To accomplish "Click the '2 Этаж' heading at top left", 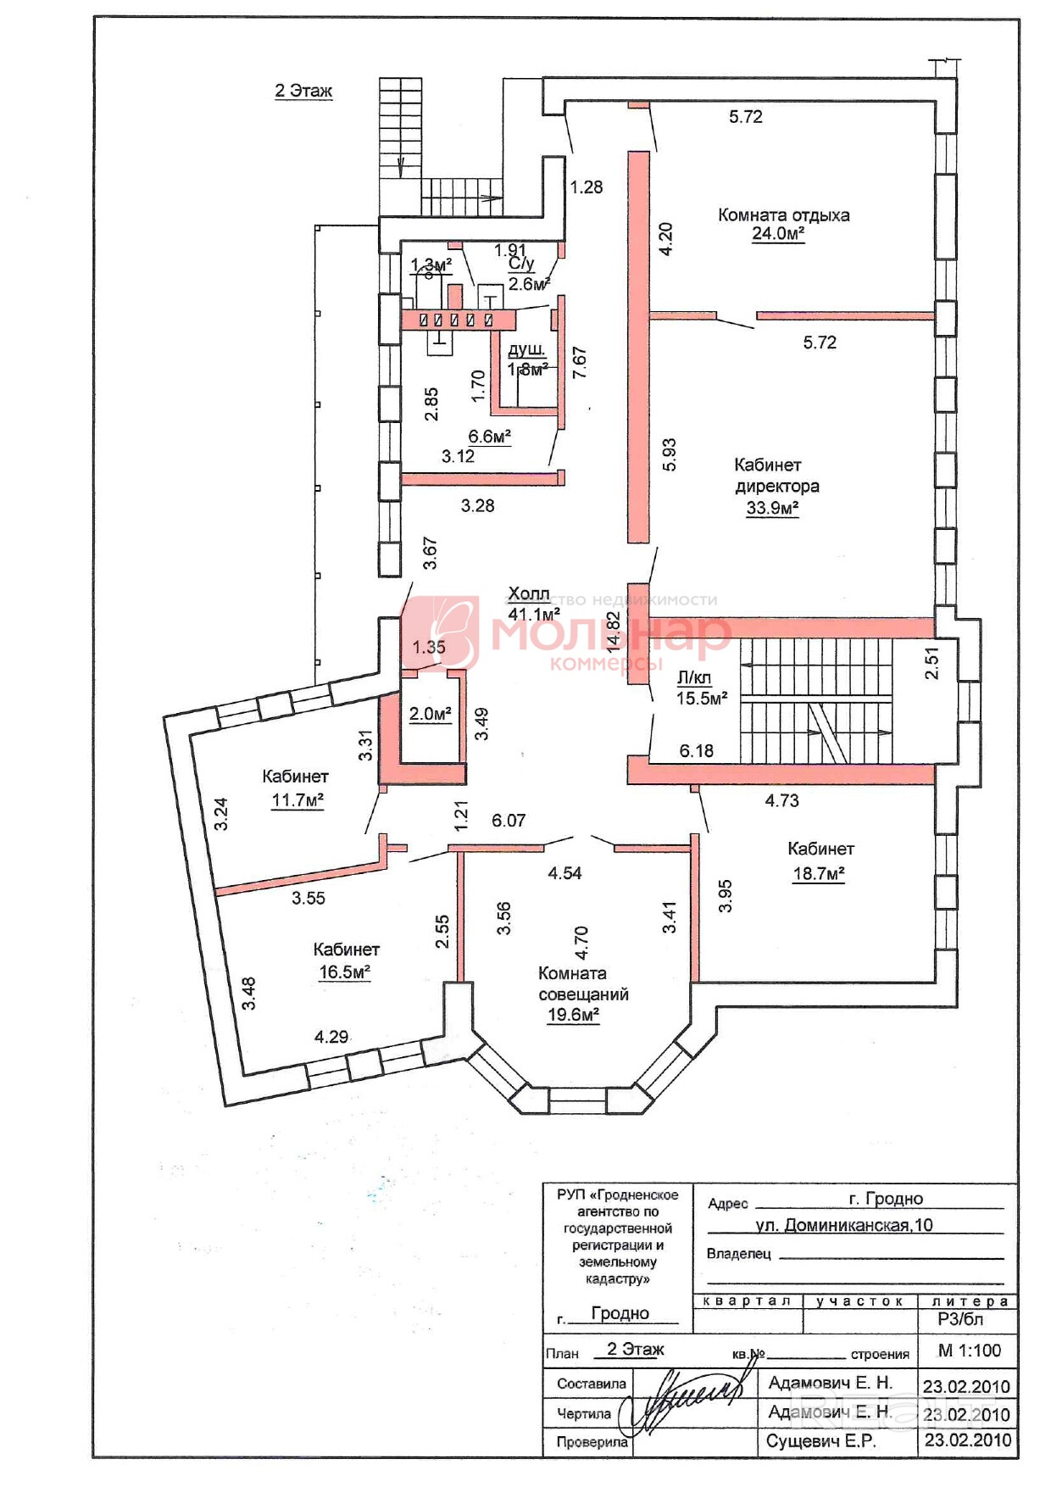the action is [x=303, y=91].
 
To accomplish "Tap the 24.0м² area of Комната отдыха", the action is [x=777, y=234].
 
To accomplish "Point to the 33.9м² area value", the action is [x=772, y=509].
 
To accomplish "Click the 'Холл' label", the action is [x=528, y=593].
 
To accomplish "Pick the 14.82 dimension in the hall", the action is [x=614, y=632].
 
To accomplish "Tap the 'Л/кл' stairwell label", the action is [x=694, y=677].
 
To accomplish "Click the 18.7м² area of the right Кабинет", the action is [x=819, y=873].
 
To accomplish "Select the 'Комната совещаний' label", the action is [x=583, y=983].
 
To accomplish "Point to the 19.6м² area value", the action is [x=574, y=1015].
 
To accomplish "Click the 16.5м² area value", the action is [x=344, y=972].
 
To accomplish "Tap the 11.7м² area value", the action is [x=298, y=799].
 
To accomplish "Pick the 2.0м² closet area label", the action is [x=430, y=714].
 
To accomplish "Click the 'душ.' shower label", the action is [x=526, y=350].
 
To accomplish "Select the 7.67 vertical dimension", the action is [x=580, y=363].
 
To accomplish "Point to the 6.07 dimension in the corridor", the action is [x=509, y=821].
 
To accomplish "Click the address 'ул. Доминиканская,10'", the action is [x=843, y=1225].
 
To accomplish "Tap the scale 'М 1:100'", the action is [x=969, y=1351].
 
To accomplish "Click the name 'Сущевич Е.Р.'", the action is [x=820, y=1440].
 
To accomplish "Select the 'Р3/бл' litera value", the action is [x=960, y=1319].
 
